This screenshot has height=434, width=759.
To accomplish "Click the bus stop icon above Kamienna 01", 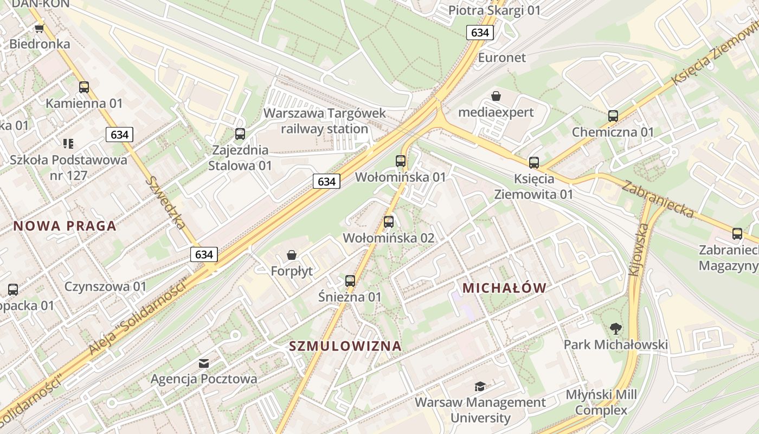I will (x=83, y=87).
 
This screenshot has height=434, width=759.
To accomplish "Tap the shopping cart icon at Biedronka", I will (x=39, y=28).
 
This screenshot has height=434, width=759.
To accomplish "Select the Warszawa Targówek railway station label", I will (x=325, y=121).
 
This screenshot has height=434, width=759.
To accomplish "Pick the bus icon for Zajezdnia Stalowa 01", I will (x=240, y=133).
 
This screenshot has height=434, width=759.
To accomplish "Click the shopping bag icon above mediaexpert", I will (x=496, y=97).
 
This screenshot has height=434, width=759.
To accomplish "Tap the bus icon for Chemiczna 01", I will (x=613, y=116).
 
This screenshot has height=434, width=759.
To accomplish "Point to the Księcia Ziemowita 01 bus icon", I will (x=533, y=162).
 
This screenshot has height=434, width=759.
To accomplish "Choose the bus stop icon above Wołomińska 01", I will (x=400, y=161).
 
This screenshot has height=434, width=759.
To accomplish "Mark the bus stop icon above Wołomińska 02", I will (x=388, y=221).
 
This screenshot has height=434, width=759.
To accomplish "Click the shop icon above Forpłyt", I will (x=292, y=255).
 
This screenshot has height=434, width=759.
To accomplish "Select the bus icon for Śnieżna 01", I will (x=350, y=280).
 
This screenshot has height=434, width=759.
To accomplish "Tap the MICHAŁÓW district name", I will (x=504, y=288).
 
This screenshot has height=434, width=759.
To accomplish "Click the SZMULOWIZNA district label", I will (x=345, y=346).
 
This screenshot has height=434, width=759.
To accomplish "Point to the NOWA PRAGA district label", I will (x=65, y=226).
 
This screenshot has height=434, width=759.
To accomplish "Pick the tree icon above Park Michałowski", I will (x=615, y=328).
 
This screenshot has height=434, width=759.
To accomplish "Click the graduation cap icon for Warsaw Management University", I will (x=480, y=386).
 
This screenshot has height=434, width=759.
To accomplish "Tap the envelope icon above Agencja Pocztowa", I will (x=204, y=363).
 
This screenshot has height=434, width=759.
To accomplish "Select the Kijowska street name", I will (x=639, y=251).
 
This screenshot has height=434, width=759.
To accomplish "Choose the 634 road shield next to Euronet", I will (x=479, y=33).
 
